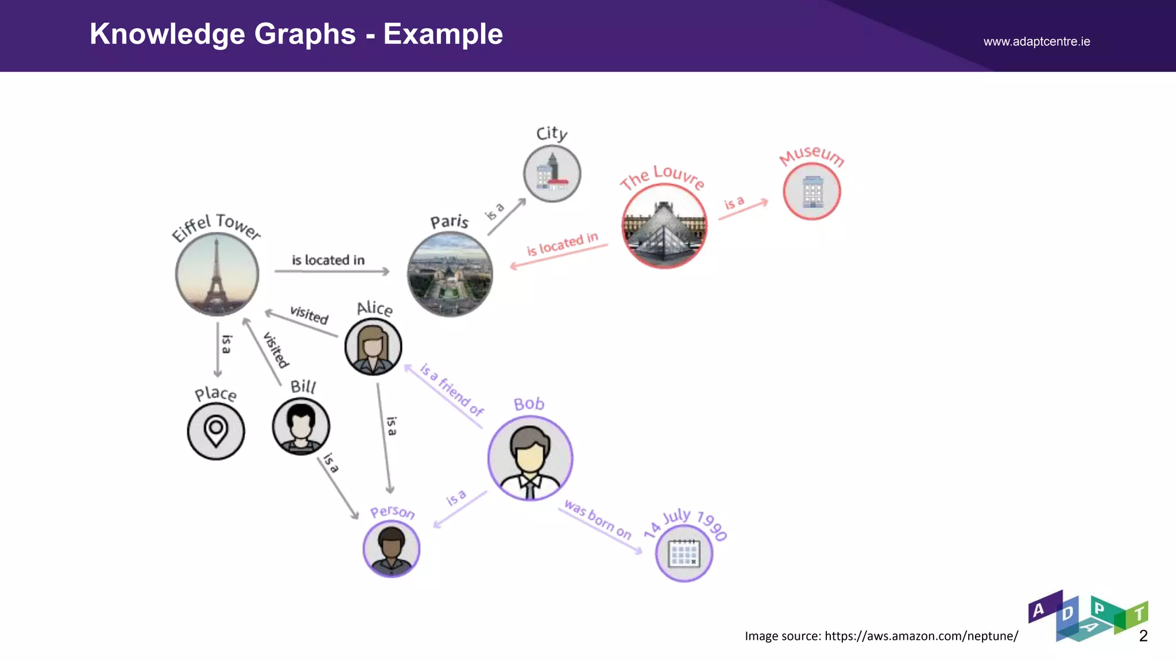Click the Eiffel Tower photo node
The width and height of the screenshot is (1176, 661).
click(x=217, y=275)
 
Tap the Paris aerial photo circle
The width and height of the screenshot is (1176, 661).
click(x=450, y=274)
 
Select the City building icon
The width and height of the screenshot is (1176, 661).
click(x=552, y=173)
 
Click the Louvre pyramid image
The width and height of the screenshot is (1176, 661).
click(x=664, y=226)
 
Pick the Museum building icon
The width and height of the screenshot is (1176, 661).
click(x=812, y=191)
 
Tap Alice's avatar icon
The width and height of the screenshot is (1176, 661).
click(x=373, y=347)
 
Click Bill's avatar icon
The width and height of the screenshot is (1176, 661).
click(x=301, y=426)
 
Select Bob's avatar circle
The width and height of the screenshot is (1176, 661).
click(x=530, y=458)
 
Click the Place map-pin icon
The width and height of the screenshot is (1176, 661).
click(x=216, y=431)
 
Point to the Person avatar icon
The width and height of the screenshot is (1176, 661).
click(x=392, y=549)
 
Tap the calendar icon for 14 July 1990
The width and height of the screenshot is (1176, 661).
click(x=684, y=554)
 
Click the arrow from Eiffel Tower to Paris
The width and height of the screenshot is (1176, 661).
click(x=332, y=271)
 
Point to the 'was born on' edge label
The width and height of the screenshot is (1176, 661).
click(x=598, y=520)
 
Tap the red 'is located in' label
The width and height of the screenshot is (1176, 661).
click(x=562, y=244)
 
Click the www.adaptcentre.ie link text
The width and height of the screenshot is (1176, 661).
click(x=1036, y=41)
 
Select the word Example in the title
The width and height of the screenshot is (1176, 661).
click(x=443, y=34)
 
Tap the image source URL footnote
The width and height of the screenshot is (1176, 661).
click(x=881, y=636)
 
